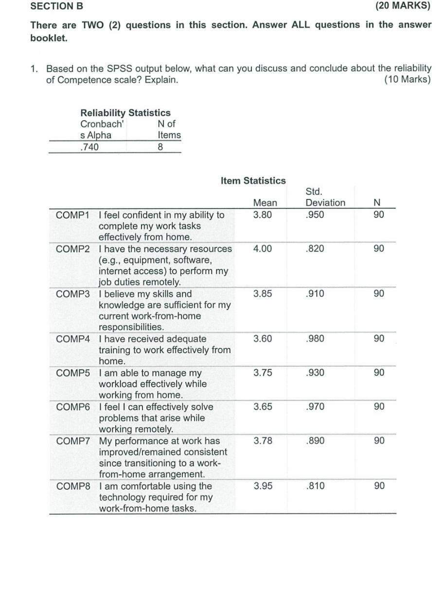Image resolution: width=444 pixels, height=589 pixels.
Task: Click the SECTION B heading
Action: pyautogui.click(x=57, y=6)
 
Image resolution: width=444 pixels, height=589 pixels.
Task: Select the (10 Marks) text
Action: pyautogui.click(x=407, y=80)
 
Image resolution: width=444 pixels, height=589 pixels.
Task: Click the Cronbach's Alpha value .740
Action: pyautogui.click(x=89, y=147)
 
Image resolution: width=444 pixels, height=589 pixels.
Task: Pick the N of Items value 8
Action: pyautogui.click(x=161, y=147)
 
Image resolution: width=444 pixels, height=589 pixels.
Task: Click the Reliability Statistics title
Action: pyautogui.click(x=125, y=113)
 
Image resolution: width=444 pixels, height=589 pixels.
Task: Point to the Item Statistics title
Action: pyautogui.click(x=253, y=181)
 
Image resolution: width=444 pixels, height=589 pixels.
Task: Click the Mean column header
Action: pyautogui.click(x=265, y=203)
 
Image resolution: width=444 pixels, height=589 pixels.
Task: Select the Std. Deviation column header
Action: pyautogui.click(x=325, y=197)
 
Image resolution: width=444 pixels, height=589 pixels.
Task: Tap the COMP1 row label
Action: pyautogui.click(x=73, y=215)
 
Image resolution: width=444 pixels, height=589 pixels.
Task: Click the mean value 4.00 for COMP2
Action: pyautogui.click(x=263, y=249)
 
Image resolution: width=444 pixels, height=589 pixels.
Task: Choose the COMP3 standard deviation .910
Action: pyautogui.click(x=315, y=294)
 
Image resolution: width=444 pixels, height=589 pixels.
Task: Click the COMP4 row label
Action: pyautogui.click(x=73, y=339)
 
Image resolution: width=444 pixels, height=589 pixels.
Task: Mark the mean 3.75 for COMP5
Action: pyautogui.click(x=263, y=373)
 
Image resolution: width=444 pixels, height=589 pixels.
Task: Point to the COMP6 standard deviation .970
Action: pyautogui.click(x=315, y=407)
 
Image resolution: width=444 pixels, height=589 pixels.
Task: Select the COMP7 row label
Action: pyautogui.click(x=73, y=441)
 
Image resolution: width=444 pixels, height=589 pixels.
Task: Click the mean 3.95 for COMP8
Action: pyautogui.click(x=263, y=486)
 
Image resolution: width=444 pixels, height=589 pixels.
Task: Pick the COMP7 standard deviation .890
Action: pyautogui.click(x=315, y=441)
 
